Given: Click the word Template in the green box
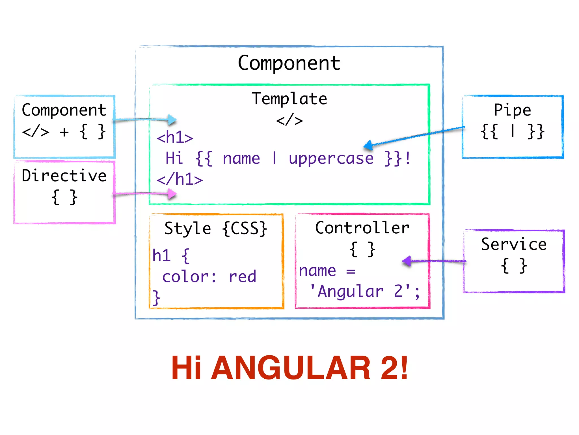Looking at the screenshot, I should click(x=289, y=99).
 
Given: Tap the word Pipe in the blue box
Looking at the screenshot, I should click(x=512, y=110).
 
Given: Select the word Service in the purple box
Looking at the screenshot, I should click(x=514, y=244).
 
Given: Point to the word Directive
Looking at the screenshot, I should click(x=64, y=176).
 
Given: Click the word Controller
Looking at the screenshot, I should click(x=362, y=228).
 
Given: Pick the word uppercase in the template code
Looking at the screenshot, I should click(x=331, y=158).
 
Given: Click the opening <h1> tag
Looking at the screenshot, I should click(x=175, y=138).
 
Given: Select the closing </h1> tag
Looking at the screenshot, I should click(x=180, y=179).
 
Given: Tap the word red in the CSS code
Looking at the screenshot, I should click(x=242, y=277).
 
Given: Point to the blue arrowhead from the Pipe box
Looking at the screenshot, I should click(x=368, y=145).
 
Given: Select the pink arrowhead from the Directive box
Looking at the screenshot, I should click(x=172, y=194).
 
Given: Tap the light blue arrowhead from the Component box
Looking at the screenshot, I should click(x=172, y=120).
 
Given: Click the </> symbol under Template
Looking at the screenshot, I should click(x=289, y=120).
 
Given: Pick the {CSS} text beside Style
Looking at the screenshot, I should click(x=245, y=228).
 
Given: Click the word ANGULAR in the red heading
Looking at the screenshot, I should click(x=291, y=368).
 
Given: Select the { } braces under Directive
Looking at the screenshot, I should click(x=64, y=197).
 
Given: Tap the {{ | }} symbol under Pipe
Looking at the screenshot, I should click(x=512, y=131).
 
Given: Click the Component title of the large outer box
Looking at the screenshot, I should click(x=289, y=63).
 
